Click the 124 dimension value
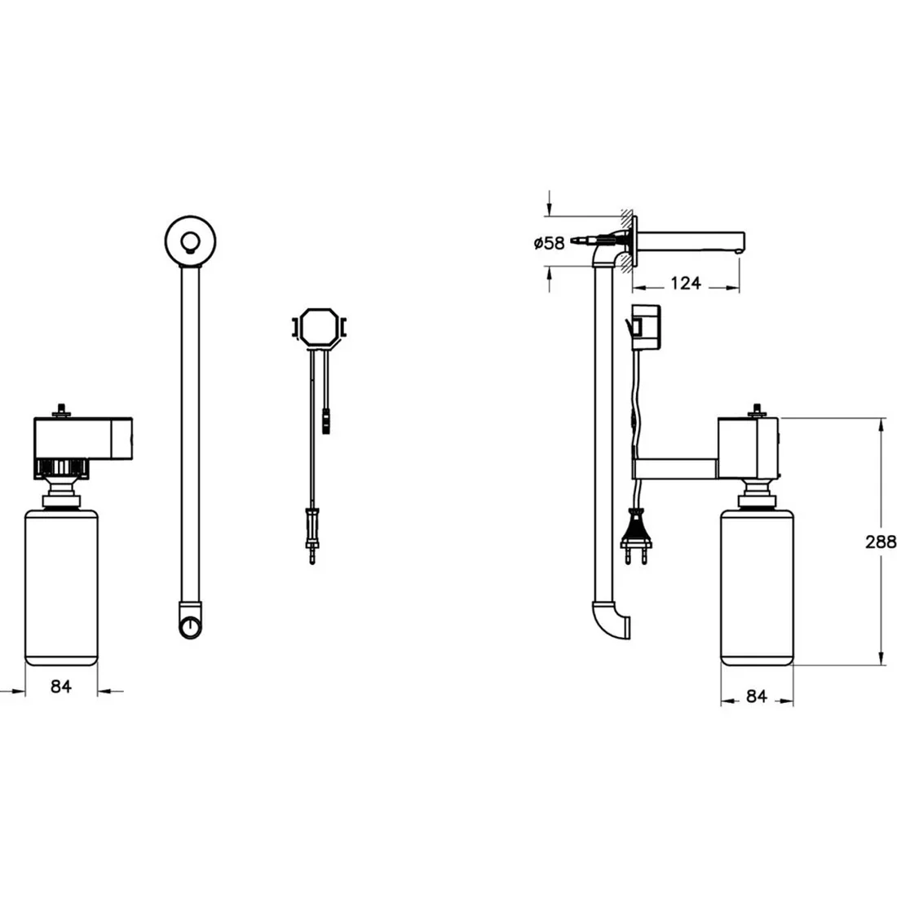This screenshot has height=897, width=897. (685, 283)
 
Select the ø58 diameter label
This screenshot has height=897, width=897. (549, 243)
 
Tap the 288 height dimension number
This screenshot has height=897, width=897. (881, 541)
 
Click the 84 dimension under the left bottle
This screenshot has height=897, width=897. (61, 686)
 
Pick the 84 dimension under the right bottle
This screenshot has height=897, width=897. (756, 696)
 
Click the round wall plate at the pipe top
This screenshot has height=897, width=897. (191, 241)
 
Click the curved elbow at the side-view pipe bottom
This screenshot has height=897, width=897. (610, 624)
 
